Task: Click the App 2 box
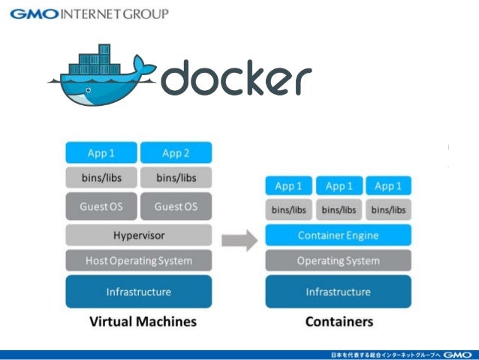176,153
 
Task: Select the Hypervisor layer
138,235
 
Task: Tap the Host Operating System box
138,261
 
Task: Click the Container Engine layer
338,235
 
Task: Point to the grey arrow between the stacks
239,241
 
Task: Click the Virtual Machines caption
143,322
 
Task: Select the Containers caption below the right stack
339,322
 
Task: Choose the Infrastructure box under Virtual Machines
138,292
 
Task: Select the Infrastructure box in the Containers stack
338,292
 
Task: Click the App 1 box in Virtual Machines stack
101,153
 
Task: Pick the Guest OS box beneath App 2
176,206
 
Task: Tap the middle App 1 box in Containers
338,186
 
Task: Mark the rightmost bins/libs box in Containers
388,210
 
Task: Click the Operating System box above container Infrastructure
338,261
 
